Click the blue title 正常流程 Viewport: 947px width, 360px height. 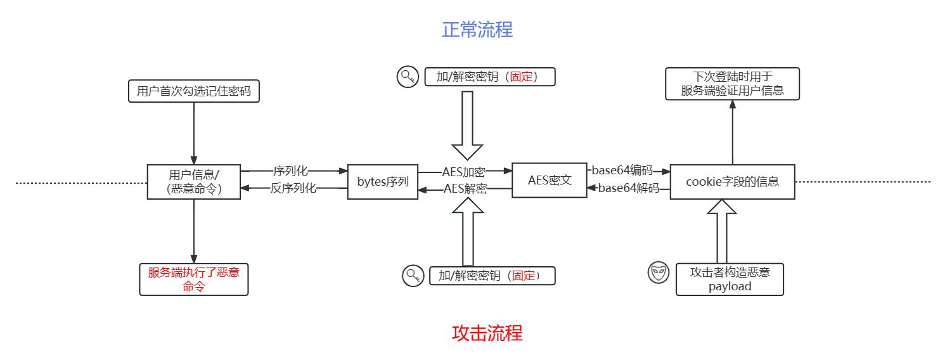477,30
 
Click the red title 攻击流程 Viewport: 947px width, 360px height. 487,333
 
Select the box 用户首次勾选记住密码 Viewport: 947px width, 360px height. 194,91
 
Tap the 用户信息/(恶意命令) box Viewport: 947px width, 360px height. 194,181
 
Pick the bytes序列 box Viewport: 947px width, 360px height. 383,182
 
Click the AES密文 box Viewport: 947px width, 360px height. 550,181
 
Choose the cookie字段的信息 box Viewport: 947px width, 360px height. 732,182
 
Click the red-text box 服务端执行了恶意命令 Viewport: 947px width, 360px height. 194,280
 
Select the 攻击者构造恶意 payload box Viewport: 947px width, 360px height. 730,280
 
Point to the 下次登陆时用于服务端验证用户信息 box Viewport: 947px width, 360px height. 732,84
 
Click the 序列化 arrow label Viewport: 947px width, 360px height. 290,171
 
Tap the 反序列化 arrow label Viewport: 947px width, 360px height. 293,188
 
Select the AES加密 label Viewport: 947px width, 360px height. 464,172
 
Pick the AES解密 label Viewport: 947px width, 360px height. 465,188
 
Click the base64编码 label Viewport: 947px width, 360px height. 622,170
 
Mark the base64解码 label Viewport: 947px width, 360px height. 628,188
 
